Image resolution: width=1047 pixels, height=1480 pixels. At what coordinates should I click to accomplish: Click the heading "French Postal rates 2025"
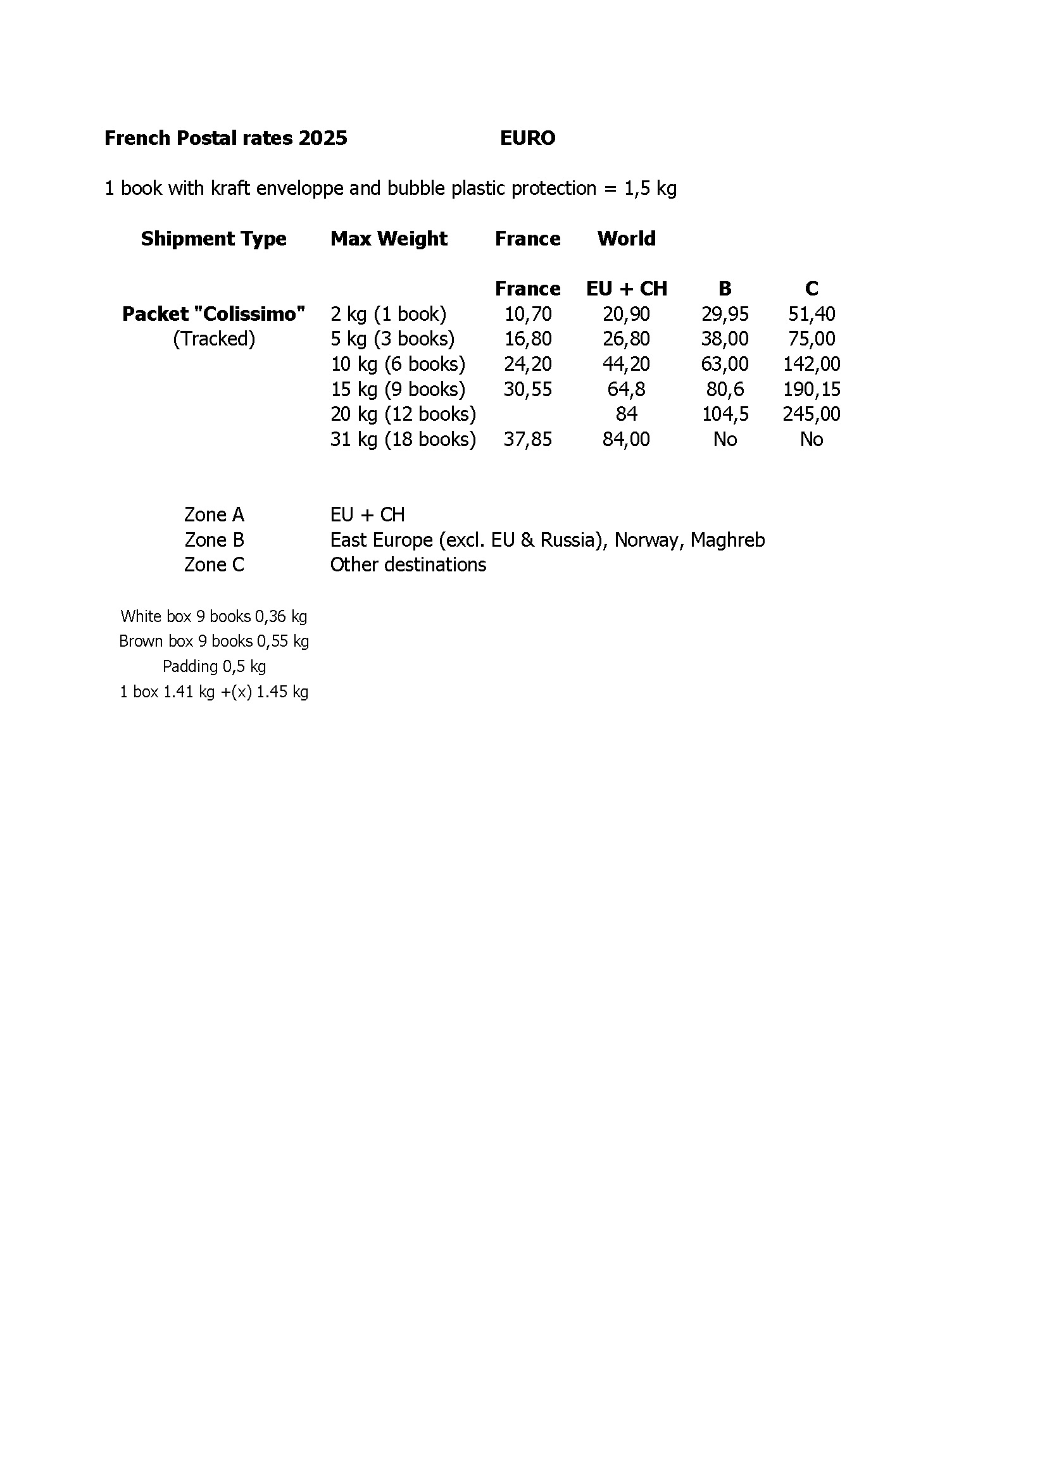point(225,138)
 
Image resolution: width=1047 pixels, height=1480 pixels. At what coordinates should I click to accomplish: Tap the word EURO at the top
point(527,138)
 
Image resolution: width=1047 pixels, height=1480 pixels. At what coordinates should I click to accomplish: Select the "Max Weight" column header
point(389,239)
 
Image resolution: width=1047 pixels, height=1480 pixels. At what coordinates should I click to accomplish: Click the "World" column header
point(626,239)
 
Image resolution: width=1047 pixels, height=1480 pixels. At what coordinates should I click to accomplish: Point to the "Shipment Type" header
point(213,239)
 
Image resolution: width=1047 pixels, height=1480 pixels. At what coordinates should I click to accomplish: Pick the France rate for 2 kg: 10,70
point(527,314)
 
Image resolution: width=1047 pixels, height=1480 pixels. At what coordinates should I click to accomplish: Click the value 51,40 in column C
point(811,314)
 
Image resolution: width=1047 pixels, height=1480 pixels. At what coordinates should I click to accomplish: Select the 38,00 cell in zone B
point(725,339)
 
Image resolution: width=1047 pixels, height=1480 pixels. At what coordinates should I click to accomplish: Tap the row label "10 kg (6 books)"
point(398,364)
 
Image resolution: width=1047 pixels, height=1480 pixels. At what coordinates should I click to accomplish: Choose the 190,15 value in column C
point(811,389)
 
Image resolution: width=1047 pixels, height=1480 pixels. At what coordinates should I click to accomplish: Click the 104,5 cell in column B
point(725,414)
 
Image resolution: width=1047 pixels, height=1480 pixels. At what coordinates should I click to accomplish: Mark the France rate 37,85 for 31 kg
point(527,440)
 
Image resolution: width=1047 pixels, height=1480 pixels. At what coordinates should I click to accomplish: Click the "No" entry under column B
point(725,440)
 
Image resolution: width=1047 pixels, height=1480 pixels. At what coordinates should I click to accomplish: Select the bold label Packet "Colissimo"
point(213,314)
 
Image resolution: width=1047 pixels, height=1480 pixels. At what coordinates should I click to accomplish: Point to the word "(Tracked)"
point(213,339)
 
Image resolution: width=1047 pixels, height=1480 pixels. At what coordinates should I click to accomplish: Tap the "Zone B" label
point(214,540)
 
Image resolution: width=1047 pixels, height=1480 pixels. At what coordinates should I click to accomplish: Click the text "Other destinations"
point(408,564)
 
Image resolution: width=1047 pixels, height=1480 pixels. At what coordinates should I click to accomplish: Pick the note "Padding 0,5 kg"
point(214,666)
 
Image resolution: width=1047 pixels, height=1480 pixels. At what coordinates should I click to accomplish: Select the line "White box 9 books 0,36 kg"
point(213,616)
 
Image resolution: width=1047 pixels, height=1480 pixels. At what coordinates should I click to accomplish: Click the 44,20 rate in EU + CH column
point(626,364)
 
